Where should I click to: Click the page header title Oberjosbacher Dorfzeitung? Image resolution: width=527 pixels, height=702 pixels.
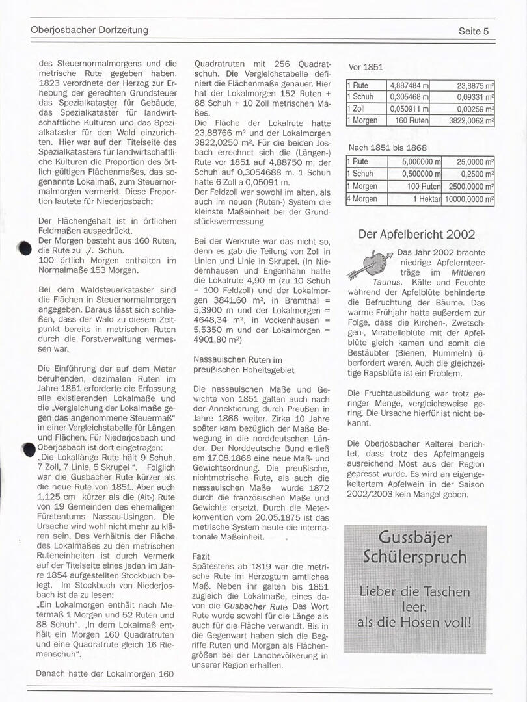(x=89, y=30)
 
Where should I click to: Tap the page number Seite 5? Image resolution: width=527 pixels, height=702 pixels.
(x=473, y=31)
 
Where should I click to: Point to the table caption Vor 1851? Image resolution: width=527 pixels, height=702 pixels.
(x=366, y=66)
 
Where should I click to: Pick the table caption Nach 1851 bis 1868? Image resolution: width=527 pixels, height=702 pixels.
(x=387, y=148)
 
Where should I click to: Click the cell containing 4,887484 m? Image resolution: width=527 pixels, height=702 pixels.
(x=409, y=85)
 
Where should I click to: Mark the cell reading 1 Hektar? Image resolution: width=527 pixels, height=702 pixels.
(x=426, y=199)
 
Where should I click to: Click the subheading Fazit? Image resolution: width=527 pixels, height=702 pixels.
(x=201, y=557)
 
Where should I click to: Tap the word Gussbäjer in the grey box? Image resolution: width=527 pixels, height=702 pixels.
(x=414, y=539)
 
